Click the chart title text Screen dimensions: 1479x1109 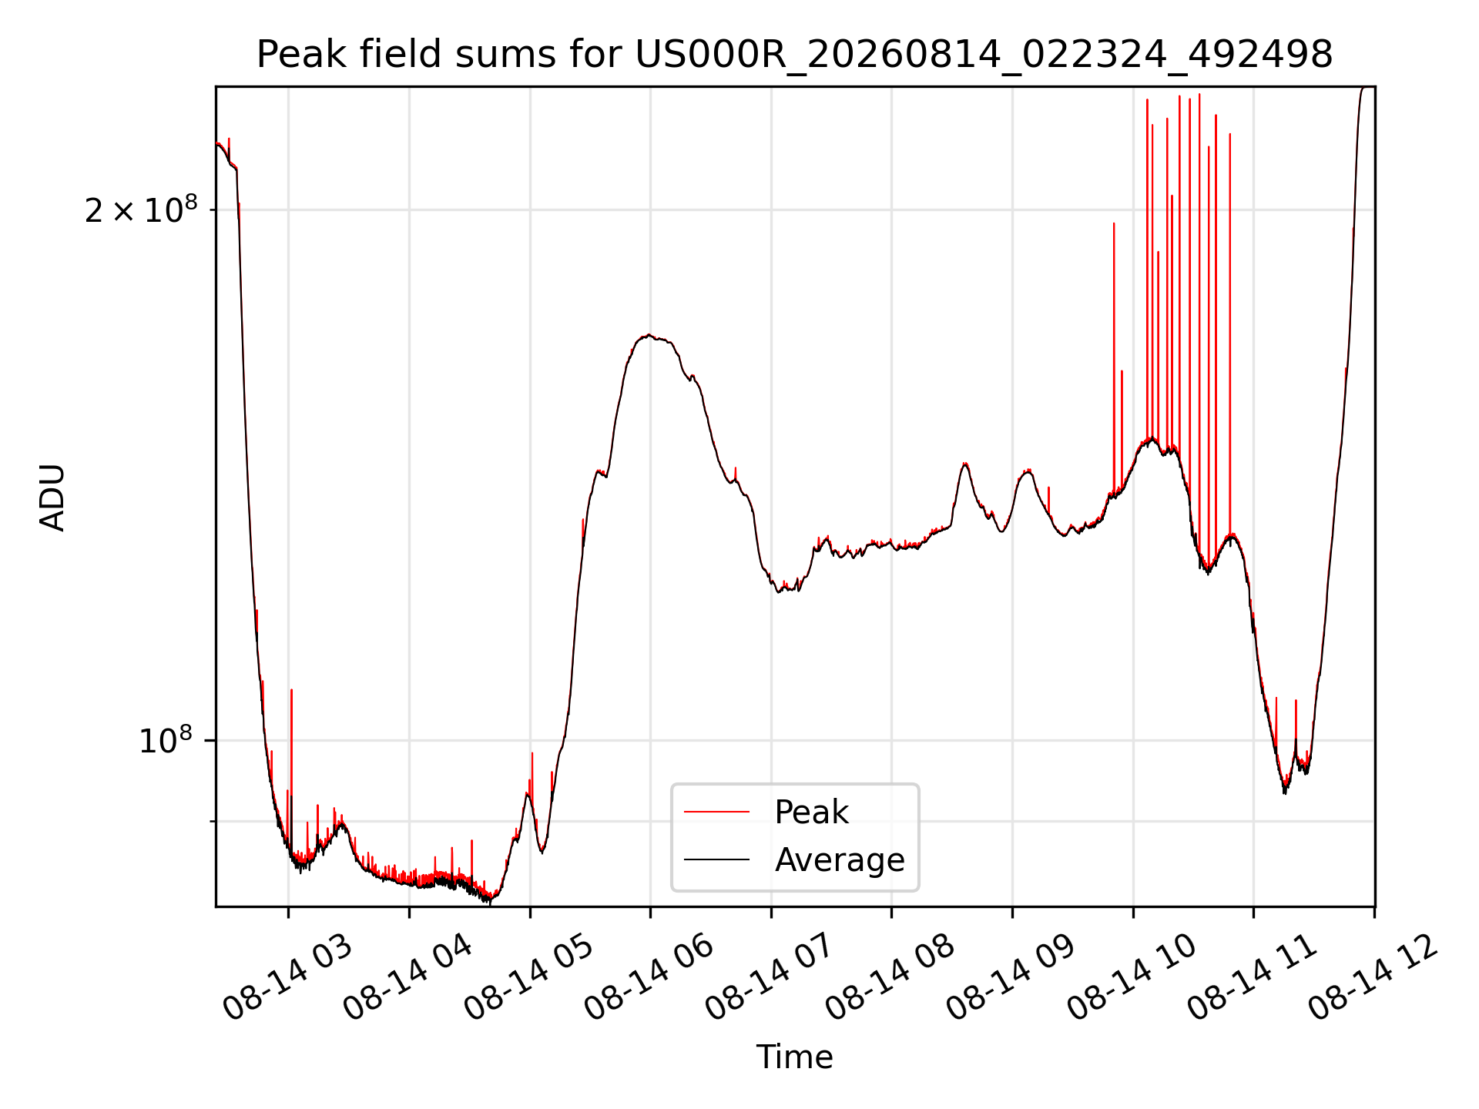(794, 55)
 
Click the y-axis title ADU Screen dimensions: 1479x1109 (52, 498)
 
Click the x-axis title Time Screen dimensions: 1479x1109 (794, 1057)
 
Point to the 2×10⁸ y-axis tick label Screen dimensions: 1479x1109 (141, 209)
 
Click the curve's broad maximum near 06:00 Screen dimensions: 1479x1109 (649, 336)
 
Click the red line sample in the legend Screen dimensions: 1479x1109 (716, 812)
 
